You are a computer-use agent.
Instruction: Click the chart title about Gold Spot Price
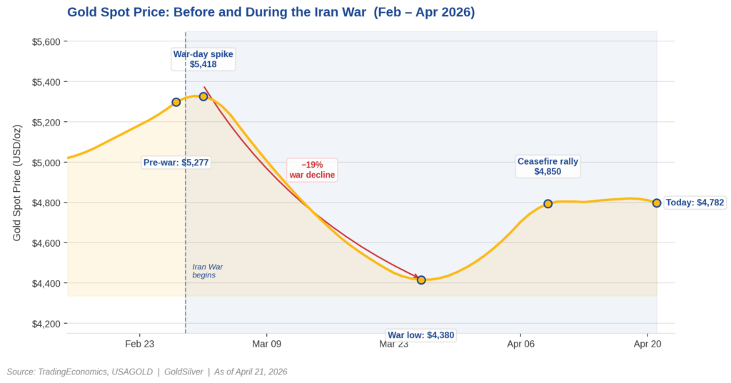271,12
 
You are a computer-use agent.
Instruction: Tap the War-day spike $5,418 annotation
203,59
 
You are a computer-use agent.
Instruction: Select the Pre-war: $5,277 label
176,163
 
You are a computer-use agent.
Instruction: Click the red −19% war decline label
312,170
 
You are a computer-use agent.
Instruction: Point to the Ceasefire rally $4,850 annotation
548,166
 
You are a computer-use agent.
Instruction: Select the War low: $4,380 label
420,335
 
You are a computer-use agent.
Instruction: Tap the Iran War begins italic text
207,270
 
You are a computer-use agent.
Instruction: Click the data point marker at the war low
421,280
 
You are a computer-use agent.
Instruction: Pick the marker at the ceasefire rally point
548,204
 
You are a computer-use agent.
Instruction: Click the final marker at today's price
656,203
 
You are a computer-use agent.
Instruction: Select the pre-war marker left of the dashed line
176,102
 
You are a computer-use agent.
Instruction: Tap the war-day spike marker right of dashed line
203,96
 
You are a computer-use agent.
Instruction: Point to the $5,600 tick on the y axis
47,41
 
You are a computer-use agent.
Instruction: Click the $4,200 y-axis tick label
47,324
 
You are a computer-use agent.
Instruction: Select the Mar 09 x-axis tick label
266,344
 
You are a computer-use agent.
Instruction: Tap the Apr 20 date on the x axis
647,344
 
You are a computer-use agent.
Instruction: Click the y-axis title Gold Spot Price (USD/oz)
18,183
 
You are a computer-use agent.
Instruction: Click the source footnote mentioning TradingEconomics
147,372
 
